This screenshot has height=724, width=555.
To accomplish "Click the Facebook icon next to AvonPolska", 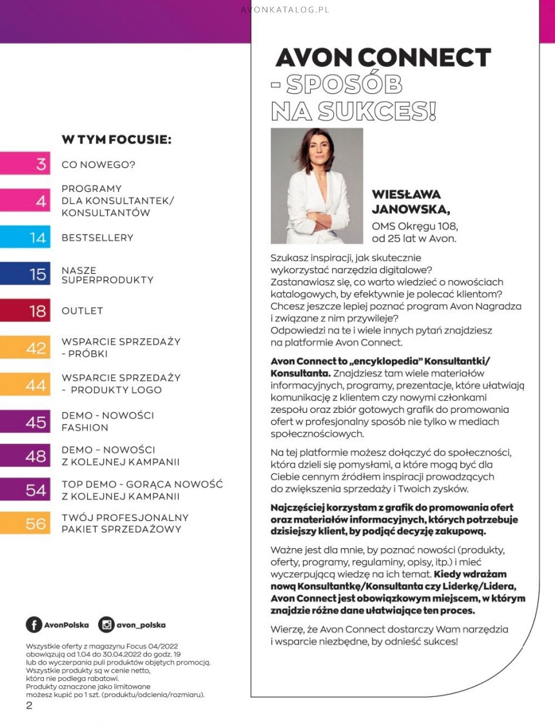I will tap(34, 624).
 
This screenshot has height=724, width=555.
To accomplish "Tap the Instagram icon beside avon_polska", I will tap(106, 624).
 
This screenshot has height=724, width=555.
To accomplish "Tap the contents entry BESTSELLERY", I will tap(97, 238).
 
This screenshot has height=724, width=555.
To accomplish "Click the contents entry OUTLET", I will tap(82, 311).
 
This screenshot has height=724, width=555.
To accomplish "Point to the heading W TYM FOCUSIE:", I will tap(116, 139).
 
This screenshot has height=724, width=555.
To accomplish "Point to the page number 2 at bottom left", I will tap(29, 705).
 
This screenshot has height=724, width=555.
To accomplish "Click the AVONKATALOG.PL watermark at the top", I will tap(284, 10).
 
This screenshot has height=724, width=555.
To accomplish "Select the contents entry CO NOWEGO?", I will tap(98, 164).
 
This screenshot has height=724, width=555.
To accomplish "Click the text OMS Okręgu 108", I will tap(414, 226).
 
